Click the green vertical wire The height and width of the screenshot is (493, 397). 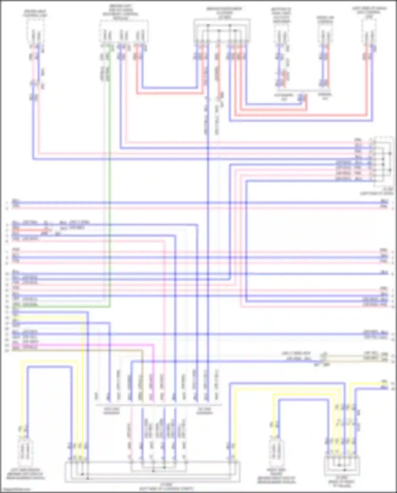110,185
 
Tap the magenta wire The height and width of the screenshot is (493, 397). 106,345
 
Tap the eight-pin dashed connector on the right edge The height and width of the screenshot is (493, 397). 383,162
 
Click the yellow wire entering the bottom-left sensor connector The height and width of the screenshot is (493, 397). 22,397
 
